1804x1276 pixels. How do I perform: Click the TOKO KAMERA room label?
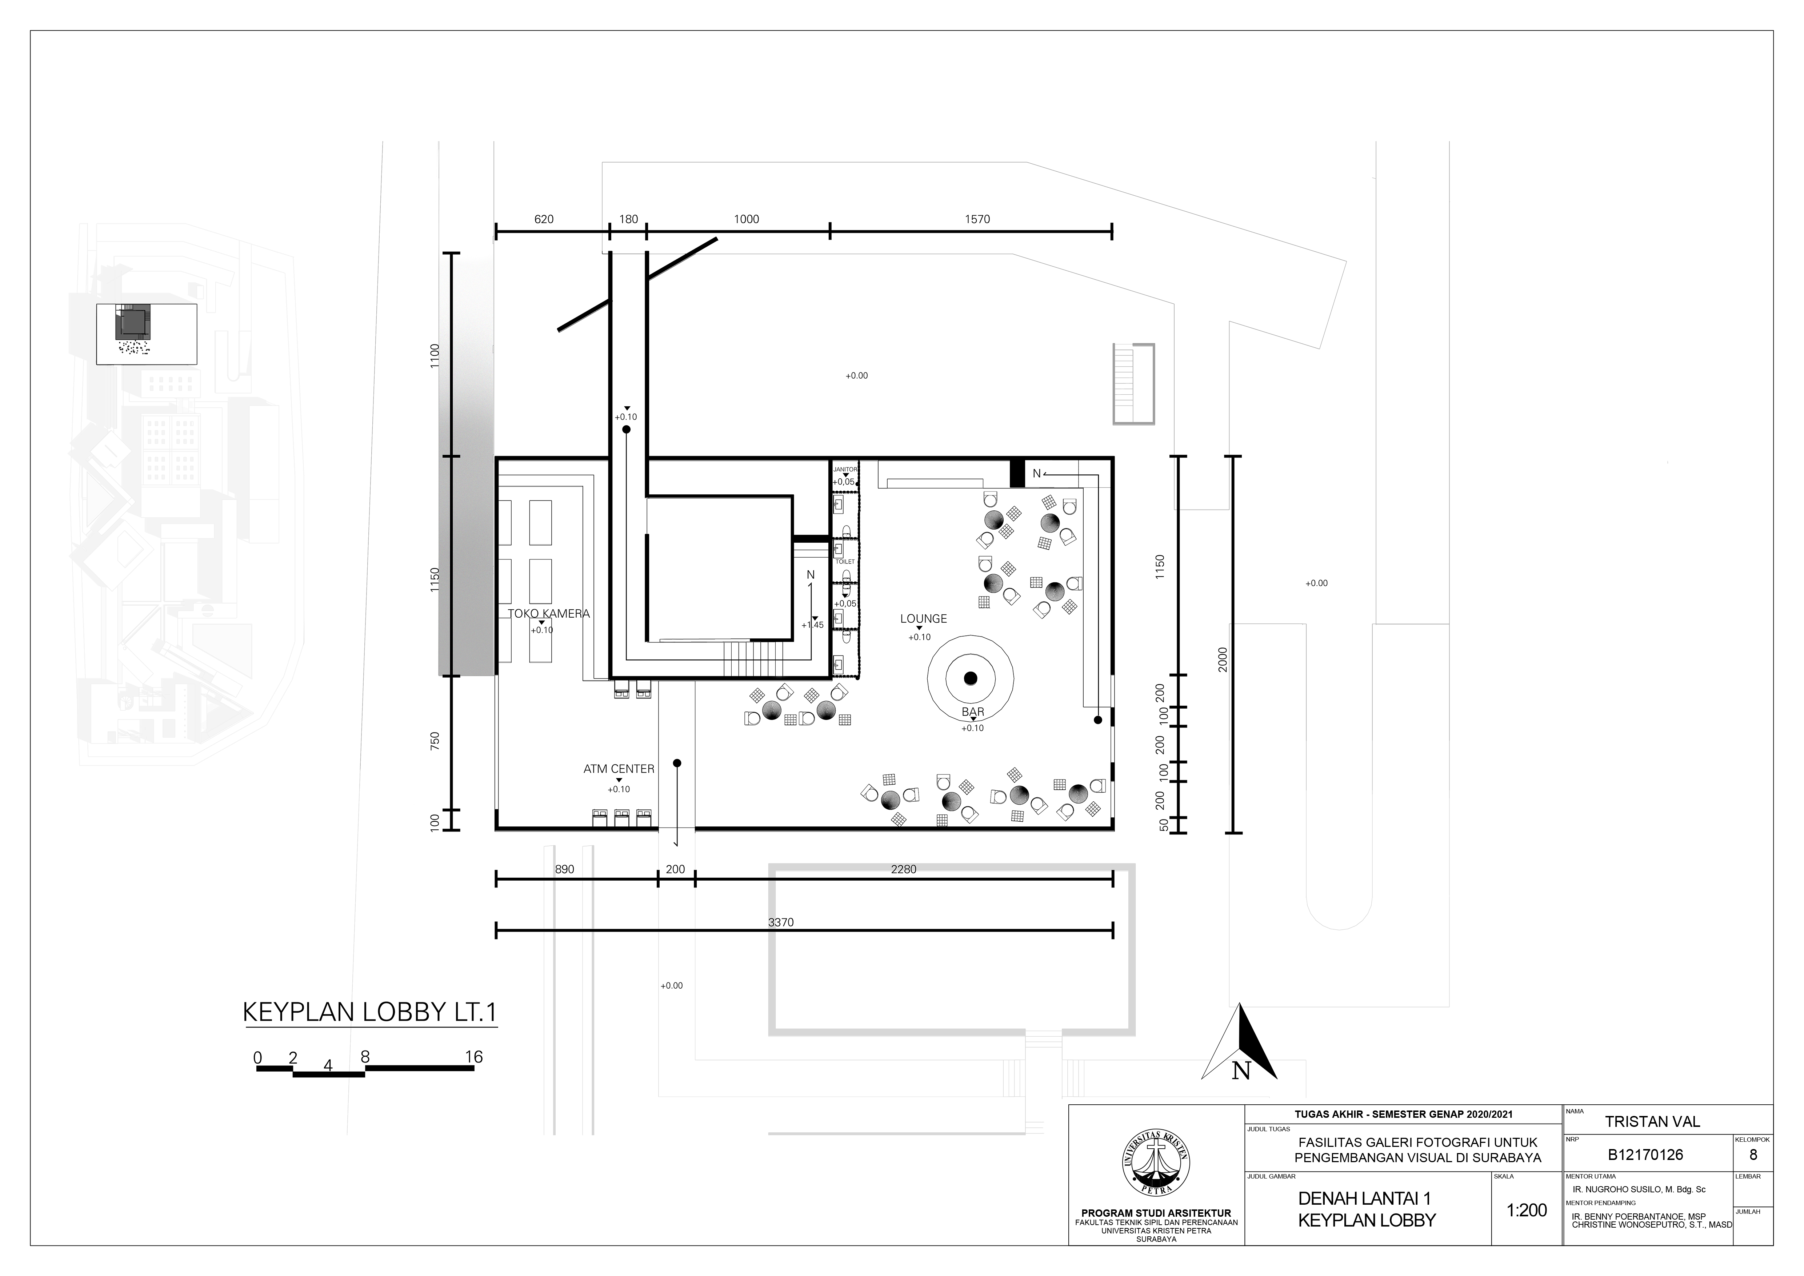[548, 614]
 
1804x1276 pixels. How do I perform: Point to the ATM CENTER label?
[618, 769]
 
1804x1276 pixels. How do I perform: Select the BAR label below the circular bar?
[973, 712]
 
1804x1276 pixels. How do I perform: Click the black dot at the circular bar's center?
[970, 678]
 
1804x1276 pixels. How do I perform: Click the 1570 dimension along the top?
[977, 219]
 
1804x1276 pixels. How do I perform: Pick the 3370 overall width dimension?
[781, 922]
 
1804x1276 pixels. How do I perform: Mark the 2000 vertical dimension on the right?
[1222, 660]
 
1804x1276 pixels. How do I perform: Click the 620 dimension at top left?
[544, 219]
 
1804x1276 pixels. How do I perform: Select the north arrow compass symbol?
[1239, 1042]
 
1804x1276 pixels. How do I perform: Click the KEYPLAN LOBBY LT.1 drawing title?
[370, 1012]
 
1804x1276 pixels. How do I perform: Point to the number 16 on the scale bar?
[474, 1057]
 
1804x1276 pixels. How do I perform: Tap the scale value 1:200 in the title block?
[1527, 1210]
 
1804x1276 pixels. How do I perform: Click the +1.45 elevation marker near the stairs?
[812, 625]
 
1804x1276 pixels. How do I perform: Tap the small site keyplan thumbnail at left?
[146, 334]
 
